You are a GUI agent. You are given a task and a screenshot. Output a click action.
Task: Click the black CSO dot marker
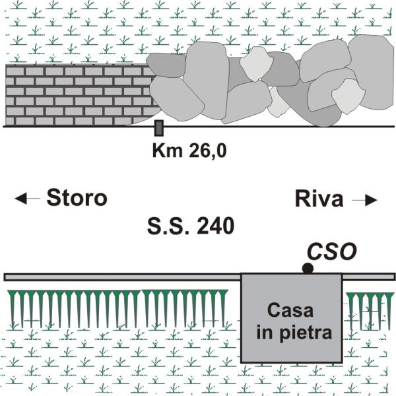308,268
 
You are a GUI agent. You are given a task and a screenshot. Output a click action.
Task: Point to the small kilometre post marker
158,128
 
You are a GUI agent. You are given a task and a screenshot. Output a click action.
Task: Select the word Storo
76,198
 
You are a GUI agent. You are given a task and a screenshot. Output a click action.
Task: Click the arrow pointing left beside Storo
26,199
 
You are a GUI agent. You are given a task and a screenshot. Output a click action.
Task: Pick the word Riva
319,199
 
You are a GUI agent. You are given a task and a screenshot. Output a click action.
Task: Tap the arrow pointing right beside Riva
364,199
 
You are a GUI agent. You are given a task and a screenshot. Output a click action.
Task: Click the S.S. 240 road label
190,228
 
